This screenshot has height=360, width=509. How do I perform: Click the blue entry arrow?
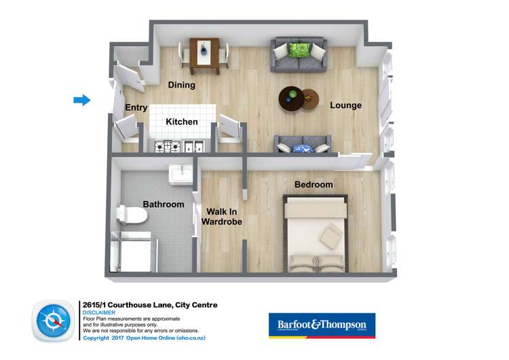pyautogui.click(x=82, y=101)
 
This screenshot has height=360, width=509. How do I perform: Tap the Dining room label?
pyautogui.click(x=181, y=86)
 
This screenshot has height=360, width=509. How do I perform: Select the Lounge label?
pyautogui.click(x=345, y=105)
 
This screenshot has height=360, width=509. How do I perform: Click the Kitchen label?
pyautogui.click(x=182, y=122)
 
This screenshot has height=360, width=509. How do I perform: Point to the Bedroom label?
pyautogui.click(x=314, y=185)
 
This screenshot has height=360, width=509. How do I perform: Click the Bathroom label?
pyautogui.click(x=163, y=204)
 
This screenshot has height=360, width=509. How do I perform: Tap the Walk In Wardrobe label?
pyautogui.click(x=224, y=216)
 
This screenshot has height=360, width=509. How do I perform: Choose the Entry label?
pyautogui.click(x=136, y=108)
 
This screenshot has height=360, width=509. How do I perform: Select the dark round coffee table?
pyautogui.click(x=293, y=99)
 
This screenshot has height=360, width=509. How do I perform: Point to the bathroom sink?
pyautogui.click(x=182, y=174)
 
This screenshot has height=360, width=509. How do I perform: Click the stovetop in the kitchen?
pyautogui.click(x=168, y=145)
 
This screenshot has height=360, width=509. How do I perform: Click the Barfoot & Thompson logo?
pyautogui.click(x=322, y=325)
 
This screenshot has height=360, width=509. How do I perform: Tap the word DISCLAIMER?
pyautogui.click(x=98, y=312)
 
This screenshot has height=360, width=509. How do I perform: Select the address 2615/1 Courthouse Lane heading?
pyautogui.click(x=149, y=305)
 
